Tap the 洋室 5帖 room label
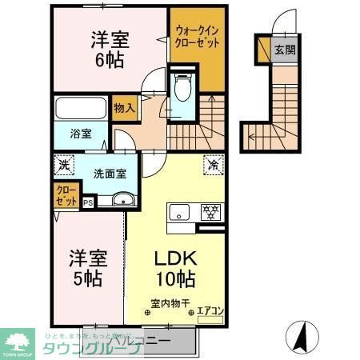85,269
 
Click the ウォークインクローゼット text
196,37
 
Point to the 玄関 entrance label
286,50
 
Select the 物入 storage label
124,106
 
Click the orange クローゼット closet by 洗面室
66,194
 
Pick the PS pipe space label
87,203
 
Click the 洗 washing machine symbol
63,166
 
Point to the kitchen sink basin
178,212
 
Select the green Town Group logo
17,342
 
